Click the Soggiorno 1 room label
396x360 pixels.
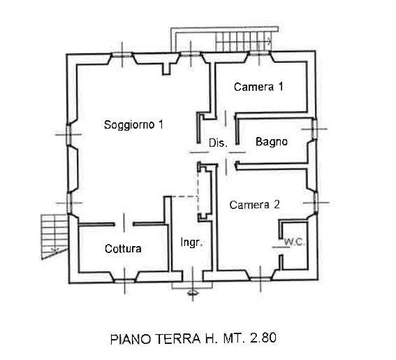[x=133, y=124]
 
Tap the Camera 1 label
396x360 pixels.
[x=258, y=87]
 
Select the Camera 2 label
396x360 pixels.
[x=254, y=205]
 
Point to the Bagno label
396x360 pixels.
[x=272, y=142]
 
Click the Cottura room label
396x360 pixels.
[x=123, y=249]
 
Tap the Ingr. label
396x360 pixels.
[x=191, y=242]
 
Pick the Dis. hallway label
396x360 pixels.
[x=218, y=143]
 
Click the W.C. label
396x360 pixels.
[x=295, y=242]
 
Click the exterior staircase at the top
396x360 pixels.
[x=244, y=41]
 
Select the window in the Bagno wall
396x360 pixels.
[x=314, y=129]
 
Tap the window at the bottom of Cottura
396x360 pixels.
[x=124, y=280]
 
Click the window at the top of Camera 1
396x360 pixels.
[x=259, y=53]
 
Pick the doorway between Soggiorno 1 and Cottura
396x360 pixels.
[x=124, y=224]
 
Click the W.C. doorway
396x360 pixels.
[x=280, y=247]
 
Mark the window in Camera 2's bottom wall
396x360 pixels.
[x=261, y=279]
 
